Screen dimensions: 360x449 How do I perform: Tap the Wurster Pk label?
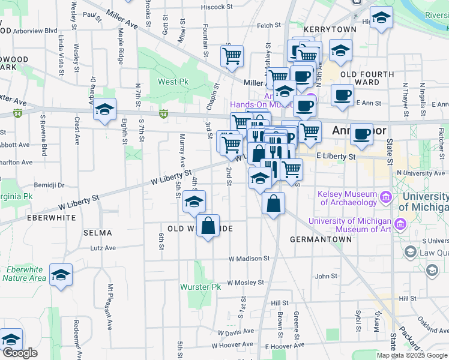coord(200,287)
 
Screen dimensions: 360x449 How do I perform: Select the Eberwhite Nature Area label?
coord(24,274)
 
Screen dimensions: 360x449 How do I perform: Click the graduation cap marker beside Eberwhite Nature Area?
coord(61,275)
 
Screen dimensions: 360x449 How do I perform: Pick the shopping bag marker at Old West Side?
coord(208,226)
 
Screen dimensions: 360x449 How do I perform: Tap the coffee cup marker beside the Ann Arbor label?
coord(361,134)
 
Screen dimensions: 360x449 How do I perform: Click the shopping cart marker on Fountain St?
coord(232,56)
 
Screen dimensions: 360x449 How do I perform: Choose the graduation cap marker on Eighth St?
coord(104,109)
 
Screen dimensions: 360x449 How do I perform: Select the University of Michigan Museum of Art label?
coord(349,224)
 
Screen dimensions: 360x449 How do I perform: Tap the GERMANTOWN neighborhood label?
coord(321,239)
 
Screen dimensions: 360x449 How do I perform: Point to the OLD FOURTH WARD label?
coord(367,78)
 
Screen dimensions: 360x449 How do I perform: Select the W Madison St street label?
coord(249,259)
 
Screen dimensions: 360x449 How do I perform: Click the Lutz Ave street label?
coord(102,247)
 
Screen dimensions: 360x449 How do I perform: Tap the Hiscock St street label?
coord(217,7)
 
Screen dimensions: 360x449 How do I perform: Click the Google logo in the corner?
coord(20,353)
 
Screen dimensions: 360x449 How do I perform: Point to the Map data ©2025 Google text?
coord(411,355)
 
